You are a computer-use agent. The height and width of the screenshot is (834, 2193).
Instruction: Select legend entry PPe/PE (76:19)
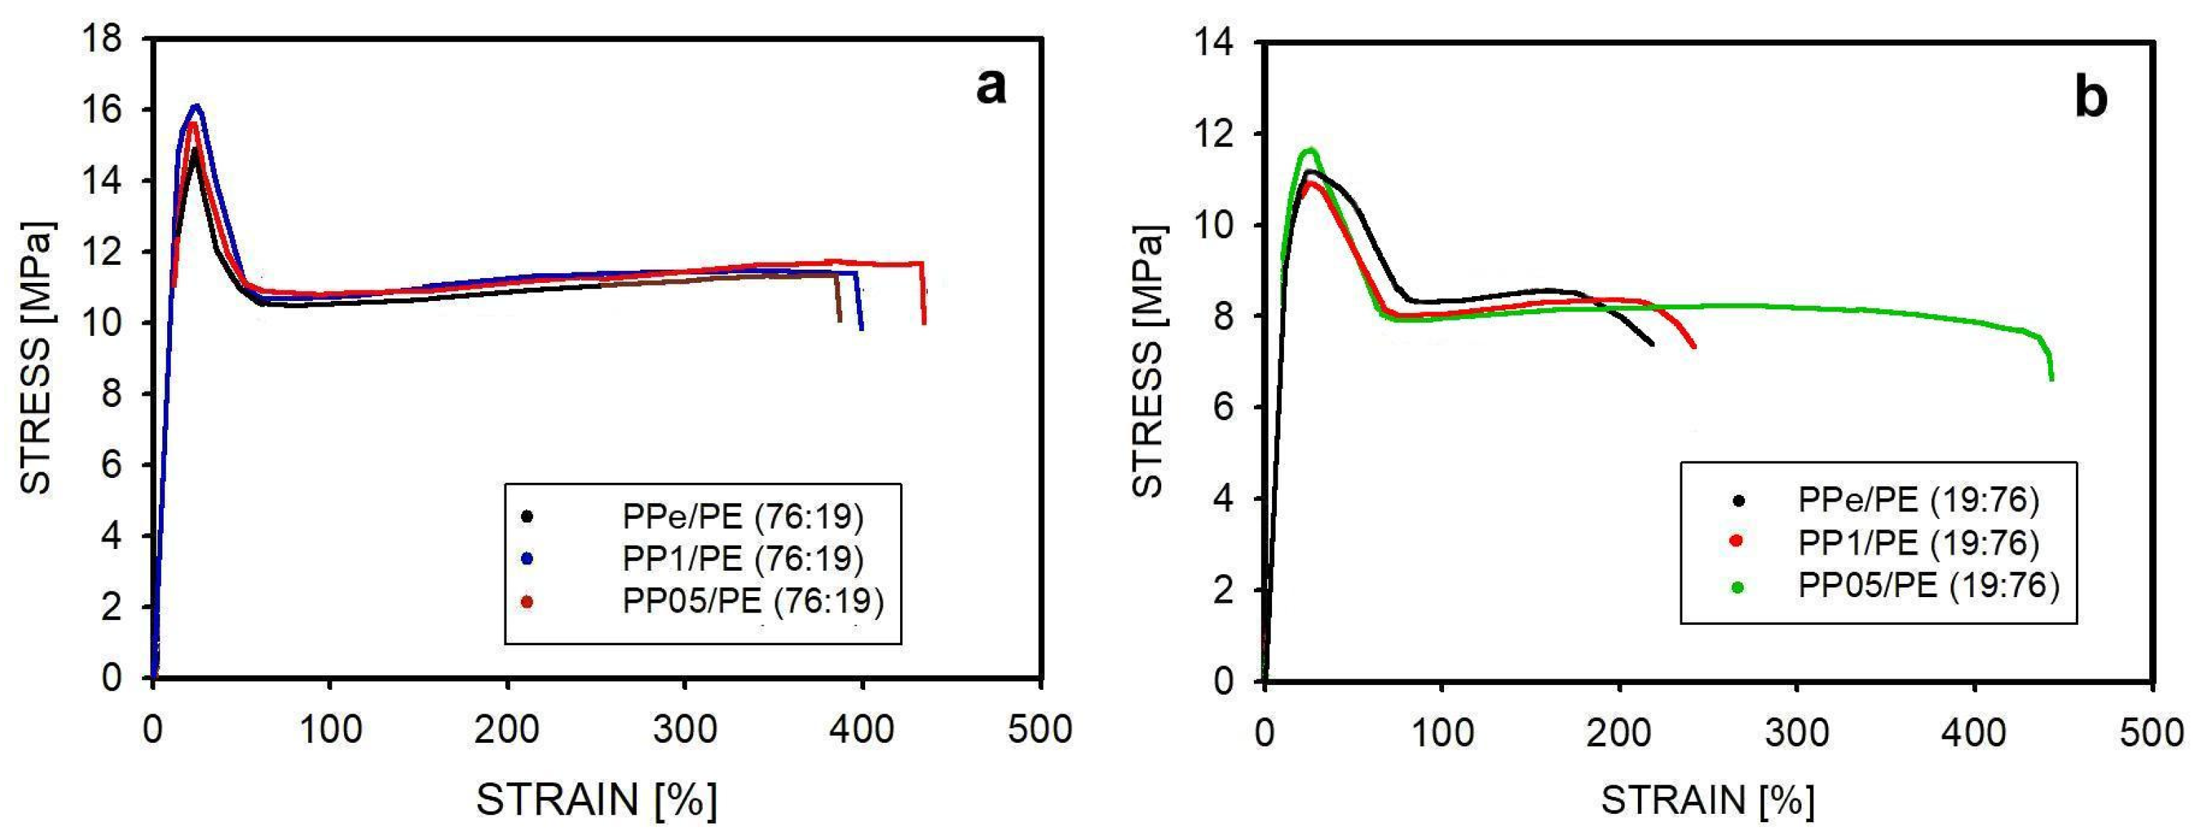[x=743, y=516]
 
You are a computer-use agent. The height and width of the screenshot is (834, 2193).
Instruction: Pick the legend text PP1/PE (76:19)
[x=743, y=558]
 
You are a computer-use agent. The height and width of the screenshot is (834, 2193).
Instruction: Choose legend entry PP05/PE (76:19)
[x=752, y=601]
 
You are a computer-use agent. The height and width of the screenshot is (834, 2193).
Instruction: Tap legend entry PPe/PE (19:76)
[x=1918, y=500]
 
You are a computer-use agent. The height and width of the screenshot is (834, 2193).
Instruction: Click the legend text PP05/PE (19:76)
[x=1928, y=585]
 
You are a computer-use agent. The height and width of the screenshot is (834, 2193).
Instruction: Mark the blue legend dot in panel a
[x=527, y=558]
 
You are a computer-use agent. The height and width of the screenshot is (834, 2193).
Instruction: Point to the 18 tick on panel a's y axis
[x=103, y=39]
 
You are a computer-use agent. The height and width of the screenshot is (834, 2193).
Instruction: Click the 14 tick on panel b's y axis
[x=1214, y=43]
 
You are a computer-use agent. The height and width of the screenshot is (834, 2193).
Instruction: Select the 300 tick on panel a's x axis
[x=685, y=730]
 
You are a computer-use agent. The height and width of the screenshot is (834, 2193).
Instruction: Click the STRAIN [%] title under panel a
[x=596, y=799]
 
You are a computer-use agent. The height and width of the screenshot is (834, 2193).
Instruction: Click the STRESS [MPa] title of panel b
[x=1149, y=362]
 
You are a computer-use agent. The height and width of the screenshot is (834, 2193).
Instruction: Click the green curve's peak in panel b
[x=1310, y=150]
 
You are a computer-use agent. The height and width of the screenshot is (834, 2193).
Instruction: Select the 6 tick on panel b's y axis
[x=1223, y=408]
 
